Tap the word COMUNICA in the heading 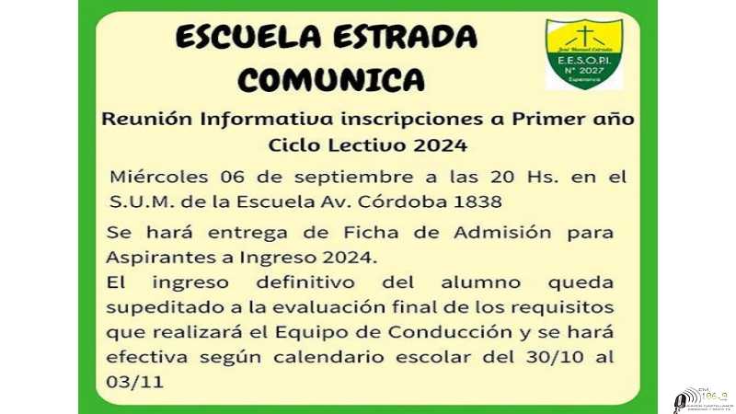[332, 81]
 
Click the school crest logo [583, 54]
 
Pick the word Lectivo [362, 144]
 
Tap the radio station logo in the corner [701, 397]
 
